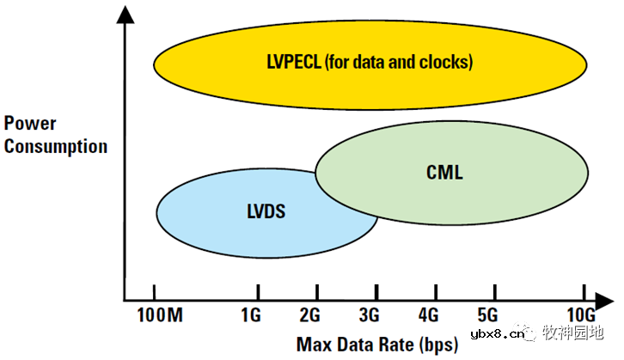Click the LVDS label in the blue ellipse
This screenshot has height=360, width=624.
coord(266,209)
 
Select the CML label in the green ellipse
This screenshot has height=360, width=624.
coord(444,173)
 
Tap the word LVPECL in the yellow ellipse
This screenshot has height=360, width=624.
coord(294,62)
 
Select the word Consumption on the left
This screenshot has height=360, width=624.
coord(56,146)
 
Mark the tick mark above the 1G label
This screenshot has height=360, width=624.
coord(256,291)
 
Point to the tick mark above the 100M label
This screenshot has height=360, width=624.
coord(155,291)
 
